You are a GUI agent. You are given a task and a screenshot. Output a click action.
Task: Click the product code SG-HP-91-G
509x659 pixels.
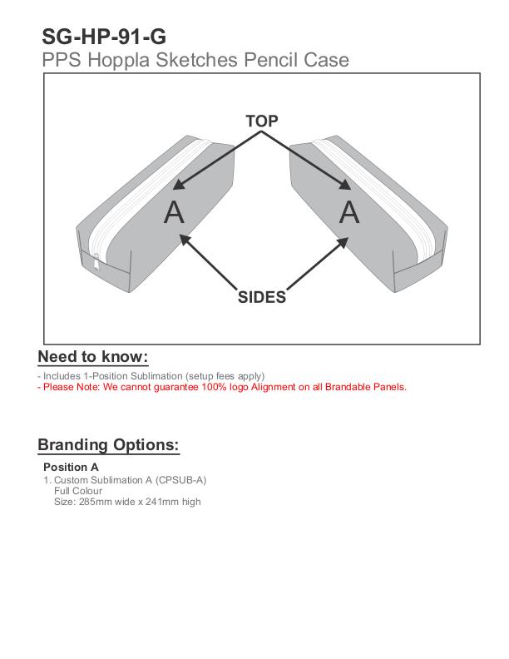point(104,37)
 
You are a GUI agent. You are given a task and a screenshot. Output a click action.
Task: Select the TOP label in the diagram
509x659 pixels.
point(262,121)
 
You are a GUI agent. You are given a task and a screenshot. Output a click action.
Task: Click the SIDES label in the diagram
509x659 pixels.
point(262,297)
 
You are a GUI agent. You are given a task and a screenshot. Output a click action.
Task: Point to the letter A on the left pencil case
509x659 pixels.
point(174,212)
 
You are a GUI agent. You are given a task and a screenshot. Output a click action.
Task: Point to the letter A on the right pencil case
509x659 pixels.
point(349,212)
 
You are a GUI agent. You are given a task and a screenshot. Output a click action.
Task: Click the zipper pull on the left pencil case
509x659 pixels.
point(96,262)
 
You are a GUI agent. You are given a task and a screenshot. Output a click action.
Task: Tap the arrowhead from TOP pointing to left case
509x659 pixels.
point(179,184)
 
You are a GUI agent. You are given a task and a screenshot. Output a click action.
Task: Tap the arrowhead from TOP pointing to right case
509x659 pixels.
point(345,184)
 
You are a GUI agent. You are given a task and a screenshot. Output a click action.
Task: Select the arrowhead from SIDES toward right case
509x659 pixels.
point(343,243)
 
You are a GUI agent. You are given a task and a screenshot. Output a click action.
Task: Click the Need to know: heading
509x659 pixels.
point(93,357)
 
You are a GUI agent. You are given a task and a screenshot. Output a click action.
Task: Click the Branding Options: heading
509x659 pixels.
point(108,445)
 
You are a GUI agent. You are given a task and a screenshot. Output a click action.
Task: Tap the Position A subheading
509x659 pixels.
point(71,467)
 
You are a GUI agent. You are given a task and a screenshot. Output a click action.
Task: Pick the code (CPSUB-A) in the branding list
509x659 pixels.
point(180,480)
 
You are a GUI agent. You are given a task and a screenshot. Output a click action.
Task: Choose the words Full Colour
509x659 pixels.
point(78,491)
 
